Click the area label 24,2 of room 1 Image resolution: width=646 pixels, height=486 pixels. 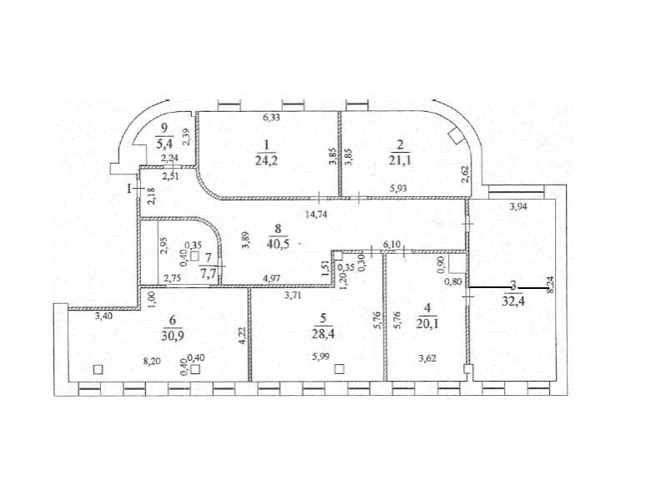point(266,159)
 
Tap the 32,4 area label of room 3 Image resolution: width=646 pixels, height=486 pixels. point(513,300)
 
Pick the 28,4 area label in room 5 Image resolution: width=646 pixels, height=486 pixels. point(323,333)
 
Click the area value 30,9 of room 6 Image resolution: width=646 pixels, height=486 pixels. point(173,336)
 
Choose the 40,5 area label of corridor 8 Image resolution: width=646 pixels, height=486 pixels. point(278,243)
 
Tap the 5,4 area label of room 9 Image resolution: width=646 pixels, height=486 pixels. point(164,144)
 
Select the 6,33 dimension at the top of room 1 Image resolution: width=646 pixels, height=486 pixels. point(271,118)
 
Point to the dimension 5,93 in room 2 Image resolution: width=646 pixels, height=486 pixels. point(399,189)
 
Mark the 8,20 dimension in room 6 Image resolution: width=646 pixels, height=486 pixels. point(151,362)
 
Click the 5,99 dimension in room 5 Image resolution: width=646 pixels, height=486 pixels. point(321,357)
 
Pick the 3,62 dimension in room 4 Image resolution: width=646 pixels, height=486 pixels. point(427,358)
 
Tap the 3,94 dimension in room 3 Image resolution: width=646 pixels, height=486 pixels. point(518,207)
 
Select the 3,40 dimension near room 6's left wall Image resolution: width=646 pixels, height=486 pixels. point(103,316)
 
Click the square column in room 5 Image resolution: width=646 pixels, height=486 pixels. point(339,369)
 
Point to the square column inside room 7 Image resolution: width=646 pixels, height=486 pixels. point(194,256)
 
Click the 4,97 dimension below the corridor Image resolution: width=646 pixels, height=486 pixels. point(271,278)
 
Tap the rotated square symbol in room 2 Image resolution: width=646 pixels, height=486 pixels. point(455,134)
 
